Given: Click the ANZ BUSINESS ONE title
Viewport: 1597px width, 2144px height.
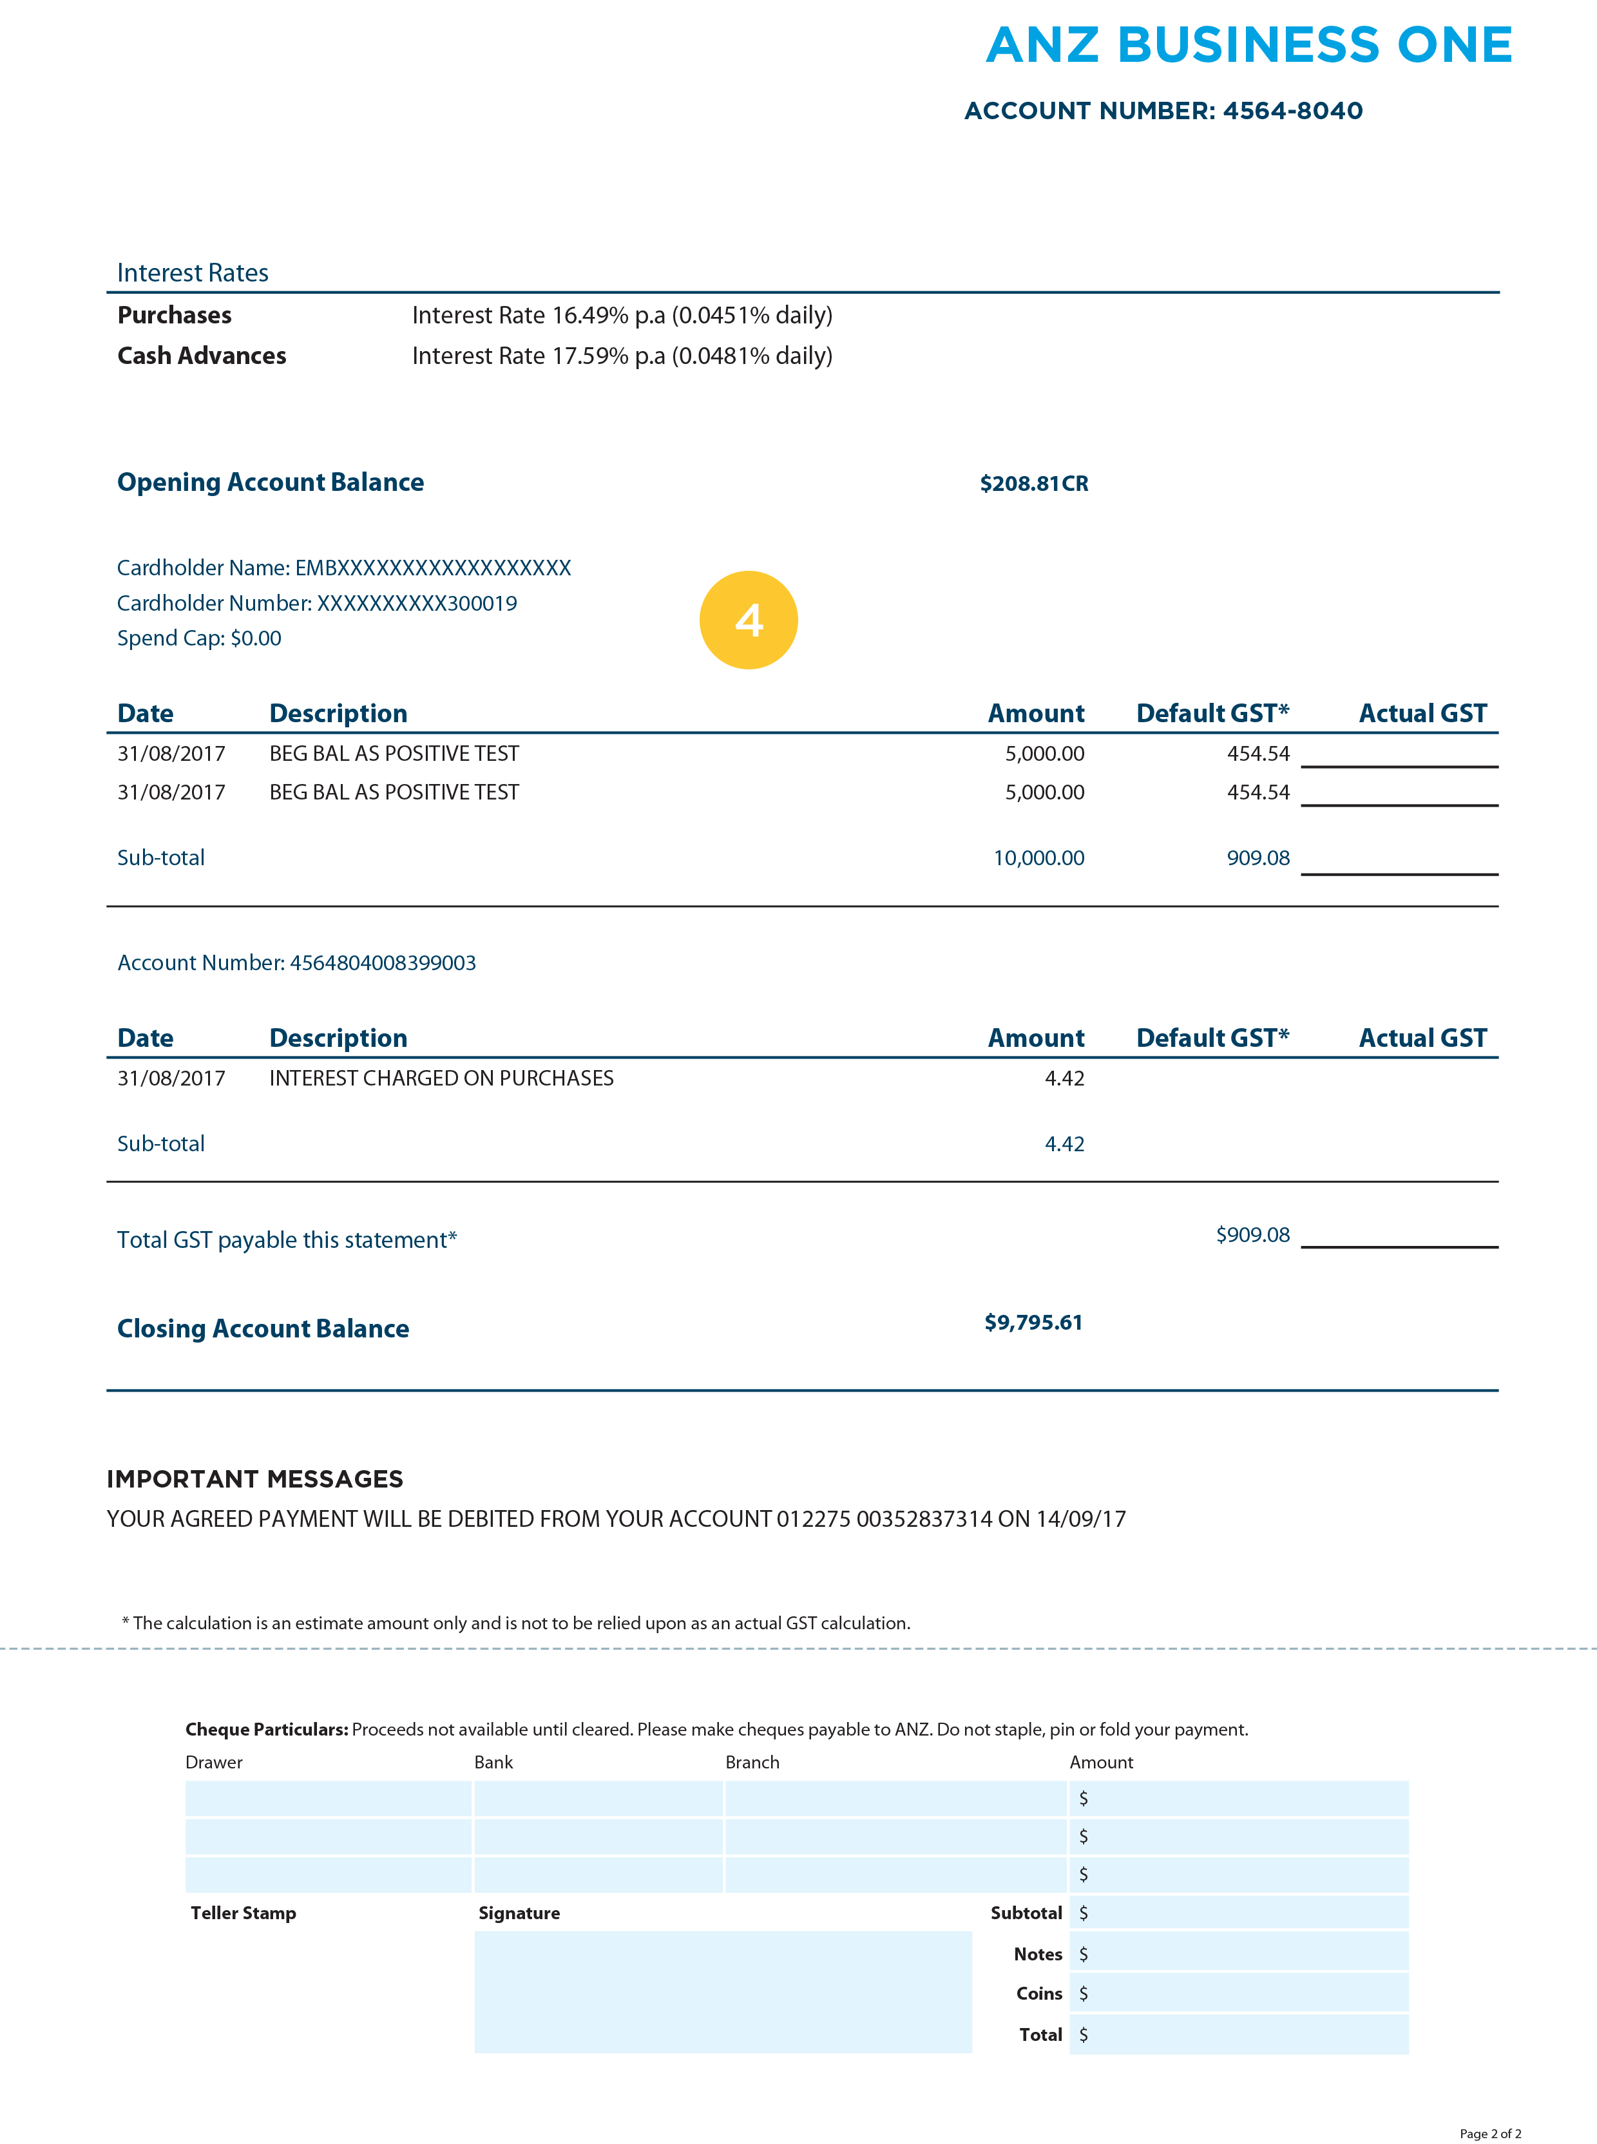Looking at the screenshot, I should [x=1248, y=46].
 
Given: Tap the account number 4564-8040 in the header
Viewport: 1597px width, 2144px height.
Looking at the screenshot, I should [x=1292, y=111].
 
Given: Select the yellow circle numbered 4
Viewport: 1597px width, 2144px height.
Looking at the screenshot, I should [x=748, y=620].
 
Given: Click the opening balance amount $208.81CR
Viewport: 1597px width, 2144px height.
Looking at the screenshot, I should [x=1033, y=483].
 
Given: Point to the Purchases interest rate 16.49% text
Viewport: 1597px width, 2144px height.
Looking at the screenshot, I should [x=622, y=315].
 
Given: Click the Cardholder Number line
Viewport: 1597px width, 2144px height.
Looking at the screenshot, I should [x=316, y=603].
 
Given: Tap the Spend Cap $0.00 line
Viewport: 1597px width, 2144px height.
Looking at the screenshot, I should [x=199, y=638].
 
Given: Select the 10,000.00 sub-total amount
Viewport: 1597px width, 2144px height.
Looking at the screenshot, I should [x=1038, y=857].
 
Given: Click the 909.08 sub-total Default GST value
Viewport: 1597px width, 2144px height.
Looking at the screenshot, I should [x=1258, y=857].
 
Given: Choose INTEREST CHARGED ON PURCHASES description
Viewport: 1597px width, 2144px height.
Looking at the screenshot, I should [x=441, y=1078].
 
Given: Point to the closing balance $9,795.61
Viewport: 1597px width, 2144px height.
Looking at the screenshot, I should [x=1033, y=1323].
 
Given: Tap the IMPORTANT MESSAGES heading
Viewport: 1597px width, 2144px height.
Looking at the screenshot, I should [x=254, y=1479].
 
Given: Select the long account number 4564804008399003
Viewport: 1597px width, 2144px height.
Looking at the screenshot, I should [x=383, y=962].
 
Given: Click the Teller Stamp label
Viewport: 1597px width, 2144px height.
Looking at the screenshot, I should [x=243, y=1913].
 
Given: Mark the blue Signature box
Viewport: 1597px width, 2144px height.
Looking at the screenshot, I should [x=722, y=1991].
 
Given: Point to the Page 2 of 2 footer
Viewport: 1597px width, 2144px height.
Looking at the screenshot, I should [x=1489, y=2133].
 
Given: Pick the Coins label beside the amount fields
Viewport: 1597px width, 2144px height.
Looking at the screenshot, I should [x=1038, y=1993].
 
